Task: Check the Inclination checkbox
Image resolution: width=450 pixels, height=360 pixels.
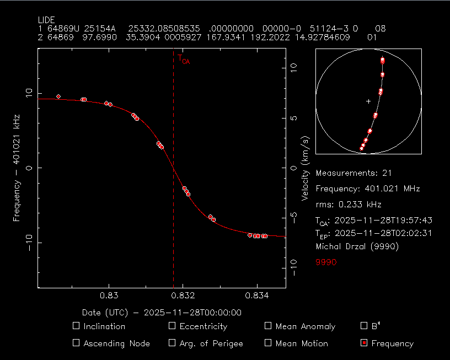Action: pos(76,326)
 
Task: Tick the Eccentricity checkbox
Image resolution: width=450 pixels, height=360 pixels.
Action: pos(172,326)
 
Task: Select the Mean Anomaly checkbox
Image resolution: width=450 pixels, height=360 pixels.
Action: pos(268,326)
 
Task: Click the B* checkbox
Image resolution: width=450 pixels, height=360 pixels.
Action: pos(363,326)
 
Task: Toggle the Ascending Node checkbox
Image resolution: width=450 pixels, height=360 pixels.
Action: pos(76,343)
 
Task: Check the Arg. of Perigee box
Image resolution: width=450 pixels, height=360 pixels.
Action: pos(172,343)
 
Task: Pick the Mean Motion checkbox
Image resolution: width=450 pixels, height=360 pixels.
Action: pos(268,343)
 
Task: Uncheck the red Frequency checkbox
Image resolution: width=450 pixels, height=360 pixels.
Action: pos(363,343)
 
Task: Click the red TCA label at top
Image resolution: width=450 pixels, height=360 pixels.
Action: pos(183,58)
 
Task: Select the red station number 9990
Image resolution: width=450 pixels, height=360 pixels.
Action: pos(326,262)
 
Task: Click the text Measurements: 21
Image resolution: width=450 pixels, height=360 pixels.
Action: pos(353,173)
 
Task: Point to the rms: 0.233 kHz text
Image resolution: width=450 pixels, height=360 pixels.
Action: pos(349,205)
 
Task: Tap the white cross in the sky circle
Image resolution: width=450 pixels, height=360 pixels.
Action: pos(368,101)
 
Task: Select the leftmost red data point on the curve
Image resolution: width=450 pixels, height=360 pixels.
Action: pos(58,96)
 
